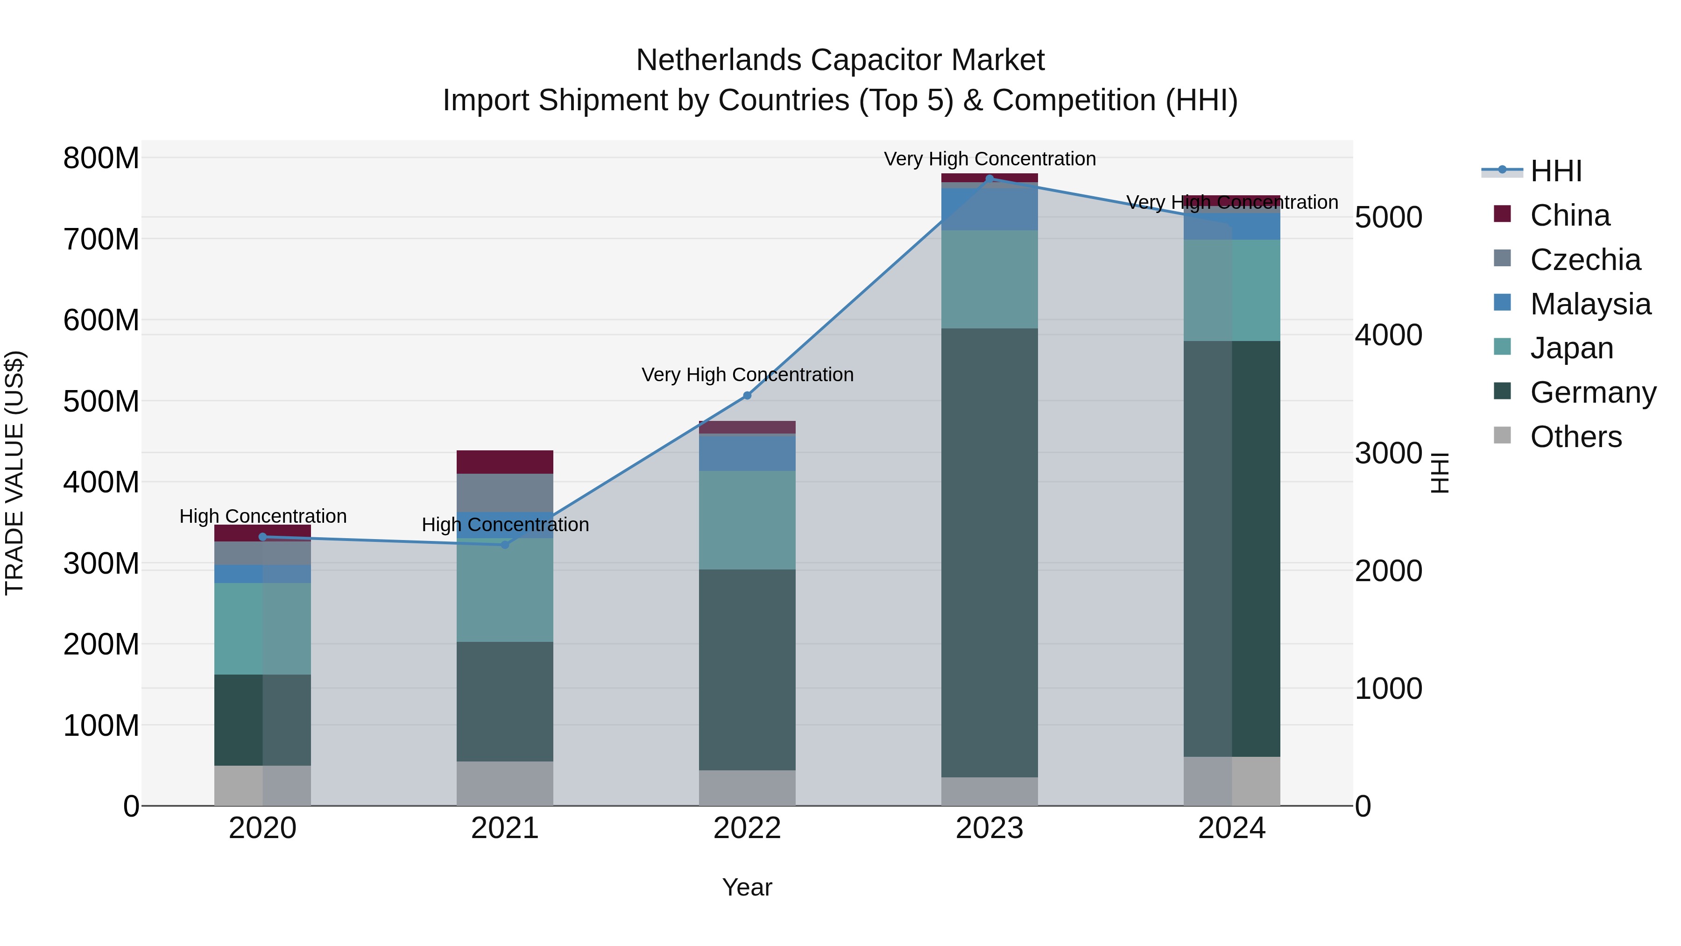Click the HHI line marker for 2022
[747, 396]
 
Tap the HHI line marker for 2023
[989, 178]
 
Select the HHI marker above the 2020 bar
[262, 537]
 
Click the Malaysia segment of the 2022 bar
[747, 452]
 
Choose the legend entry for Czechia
[1584, 260]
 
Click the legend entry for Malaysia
[1589, 304]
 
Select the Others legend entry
[1575, 437]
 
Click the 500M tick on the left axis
[101, 401]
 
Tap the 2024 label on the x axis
[1231, 828]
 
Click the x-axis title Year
[747, 887]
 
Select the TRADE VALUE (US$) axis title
[14, 473]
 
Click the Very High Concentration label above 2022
[747, 375]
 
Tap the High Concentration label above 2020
[262, 516]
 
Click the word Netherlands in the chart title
[719, 60]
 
